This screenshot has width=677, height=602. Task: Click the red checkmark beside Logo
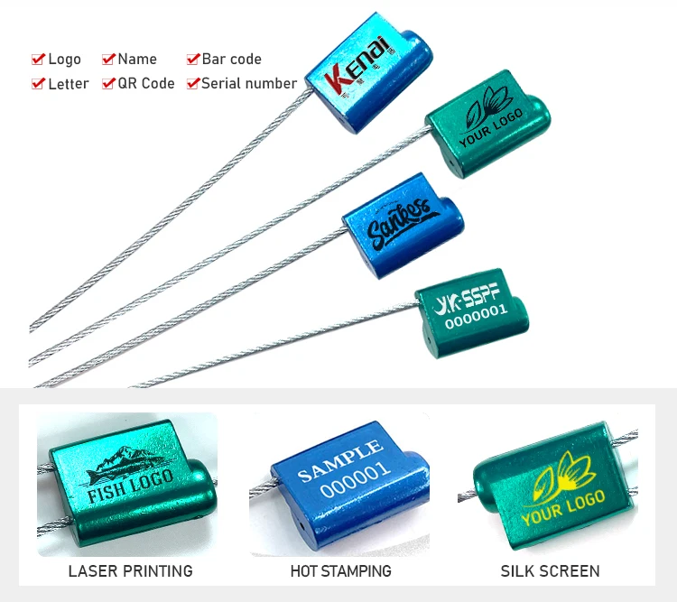click(x=38, y=60)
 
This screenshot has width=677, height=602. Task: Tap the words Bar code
click(x=231, y=59)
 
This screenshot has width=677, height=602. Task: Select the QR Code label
click(x=146, y=83)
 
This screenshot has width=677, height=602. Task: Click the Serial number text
click(x=248, y=83)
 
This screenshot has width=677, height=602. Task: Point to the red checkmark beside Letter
click(x=38, y=84)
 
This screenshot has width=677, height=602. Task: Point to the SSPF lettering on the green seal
click(x=478, y=292)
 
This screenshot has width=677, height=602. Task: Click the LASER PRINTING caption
click(x=130, y=570)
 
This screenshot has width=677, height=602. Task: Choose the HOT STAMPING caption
click(x=340, y=570)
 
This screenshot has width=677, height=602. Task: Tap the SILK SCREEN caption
click(x=550, y=570)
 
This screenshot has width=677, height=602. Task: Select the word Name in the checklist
click(x=137, y=59)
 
